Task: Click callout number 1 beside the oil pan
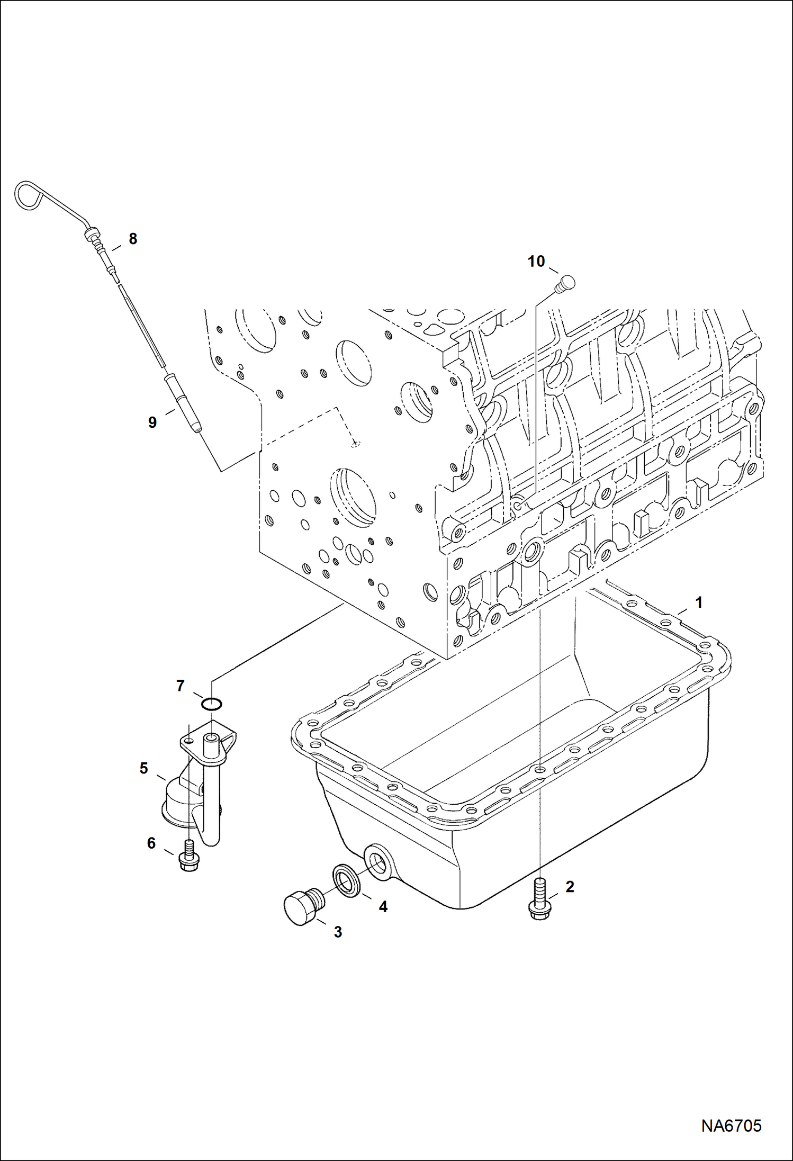698,602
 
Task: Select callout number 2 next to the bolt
570,887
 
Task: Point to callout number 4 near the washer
383,907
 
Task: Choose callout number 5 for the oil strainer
144,768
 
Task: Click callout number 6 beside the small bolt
151,843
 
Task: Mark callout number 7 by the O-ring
180,686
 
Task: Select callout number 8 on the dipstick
133,239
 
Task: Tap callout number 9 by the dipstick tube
152,422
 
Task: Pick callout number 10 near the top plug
536,261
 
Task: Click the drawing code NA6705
731,1126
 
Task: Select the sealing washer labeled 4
347,881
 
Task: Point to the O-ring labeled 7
212,704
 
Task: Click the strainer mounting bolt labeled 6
189,856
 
